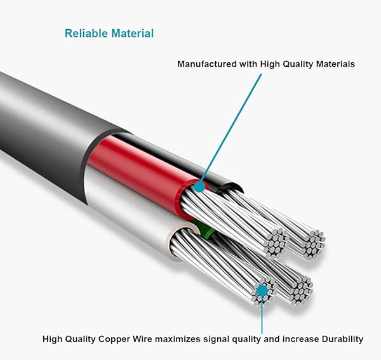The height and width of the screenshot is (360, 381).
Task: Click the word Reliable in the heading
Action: click(x=86, y=33)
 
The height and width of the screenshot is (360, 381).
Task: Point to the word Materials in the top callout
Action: click(x=332, y=64)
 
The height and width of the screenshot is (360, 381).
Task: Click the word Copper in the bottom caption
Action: click(x=126, y=339)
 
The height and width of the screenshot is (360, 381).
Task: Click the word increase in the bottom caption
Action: click(x=298, y=339)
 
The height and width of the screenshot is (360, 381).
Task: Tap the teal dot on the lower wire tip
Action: click(x=261, y=291)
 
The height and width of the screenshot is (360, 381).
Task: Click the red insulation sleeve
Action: click(x=140, y=168)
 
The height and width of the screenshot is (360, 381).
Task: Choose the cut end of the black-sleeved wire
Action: click(x=313, y=241)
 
